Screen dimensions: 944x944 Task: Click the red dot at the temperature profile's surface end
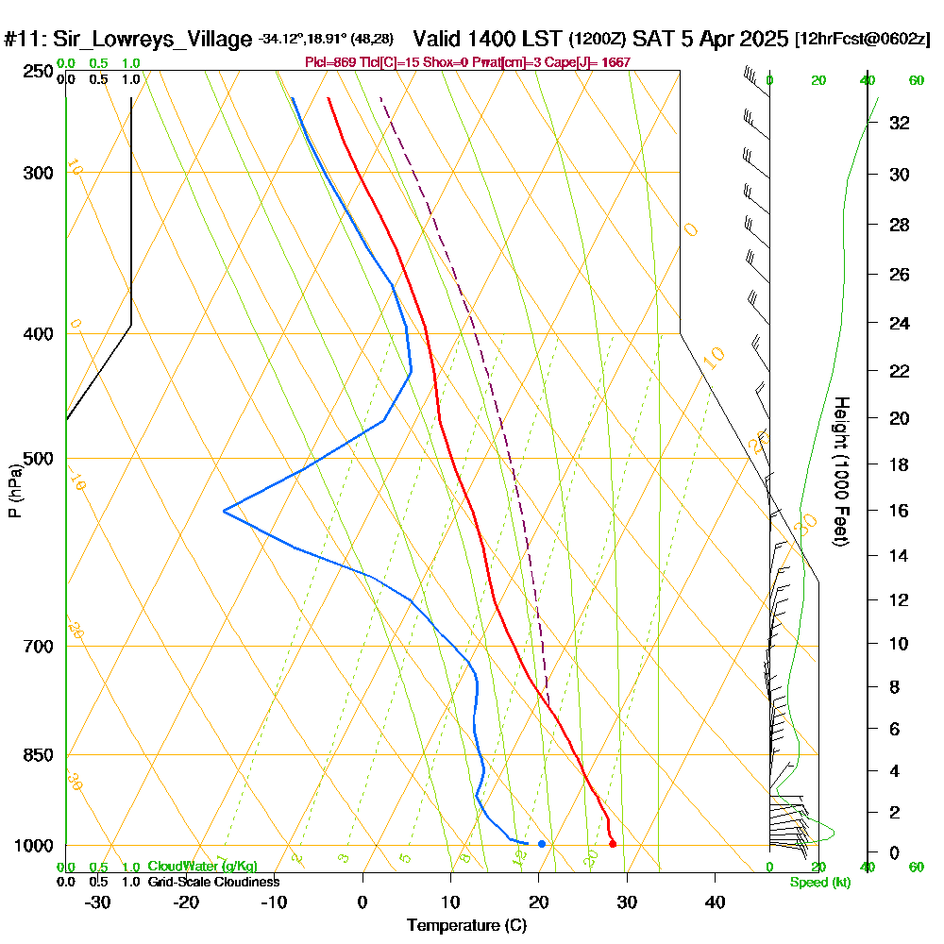(x=613, y=844)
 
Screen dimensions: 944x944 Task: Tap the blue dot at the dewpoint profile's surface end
(x=541, y=844)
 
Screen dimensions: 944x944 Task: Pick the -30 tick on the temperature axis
(x=98, y=902)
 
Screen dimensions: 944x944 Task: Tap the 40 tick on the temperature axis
(x=715, y=902)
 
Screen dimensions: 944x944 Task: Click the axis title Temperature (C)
(x=466, y=925)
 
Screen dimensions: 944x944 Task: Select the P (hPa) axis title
(x=14, y=490)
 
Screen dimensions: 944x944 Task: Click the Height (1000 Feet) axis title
(x=841, y=471)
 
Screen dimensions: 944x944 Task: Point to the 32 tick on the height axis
(x=899, y=123)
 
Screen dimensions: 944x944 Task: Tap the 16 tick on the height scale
(x=899, y=511)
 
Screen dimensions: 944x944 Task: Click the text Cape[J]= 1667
(x=598, y=62)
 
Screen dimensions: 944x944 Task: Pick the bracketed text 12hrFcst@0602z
(x=864, y=40)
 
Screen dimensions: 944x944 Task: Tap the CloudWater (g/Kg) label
(x=202, y=866)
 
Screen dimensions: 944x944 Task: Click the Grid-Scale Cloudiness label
(x=213, y=882)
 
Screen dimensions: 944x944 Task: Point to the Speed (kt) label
(x=820, y=882)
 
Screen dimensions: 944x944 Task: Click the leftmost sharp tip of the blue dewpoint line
(x=224, y=511)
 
